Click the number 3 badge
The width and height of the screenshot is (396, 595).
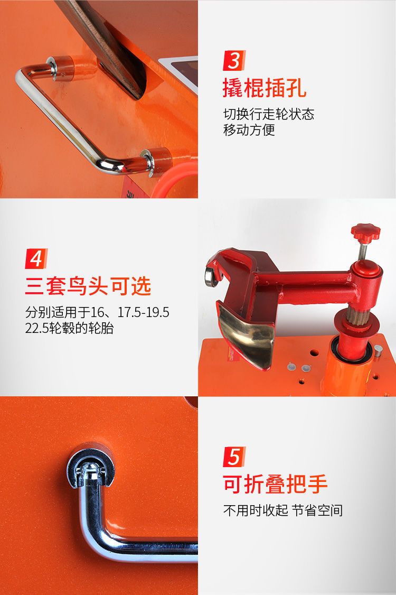click(x=234, y=60)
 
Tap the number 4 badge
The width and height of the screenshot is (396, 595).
click(x=36, y=258)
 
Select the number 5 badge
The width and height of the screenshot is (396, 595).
click(x=234, y=457)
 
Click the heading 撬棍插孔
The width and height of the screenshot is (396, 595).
click(x=265, y=88)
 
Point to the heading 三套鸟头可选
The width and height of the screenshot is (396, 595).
click(x=88, y=286)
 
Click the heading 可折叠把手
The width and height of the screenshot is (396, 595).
click(x=275, y=484)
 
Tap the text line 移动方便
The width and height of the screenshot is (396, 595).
click(x=249, y=130)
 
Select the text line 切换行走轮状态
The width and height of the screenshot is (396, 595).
click(x=269, y=114)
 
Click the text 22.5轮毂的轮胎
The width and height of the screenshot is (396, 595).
click(x=69, y=328)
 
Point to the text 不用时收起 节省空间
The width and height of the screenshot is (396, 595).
click(x=283, y=510)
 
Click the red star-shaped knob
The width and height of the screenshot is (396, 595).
click(x=365, y=232)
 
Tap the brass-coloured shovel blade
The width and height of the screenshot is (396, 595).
click(x=247, y=333)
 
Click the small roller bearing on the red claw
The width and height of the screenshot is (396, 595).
click(x=211, y=276)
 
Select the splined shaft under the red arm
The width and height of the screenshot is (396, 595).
click(x=356, y=315)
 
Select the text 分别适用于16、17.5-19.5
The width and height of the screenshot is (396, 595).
click(x=97, y=312)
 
